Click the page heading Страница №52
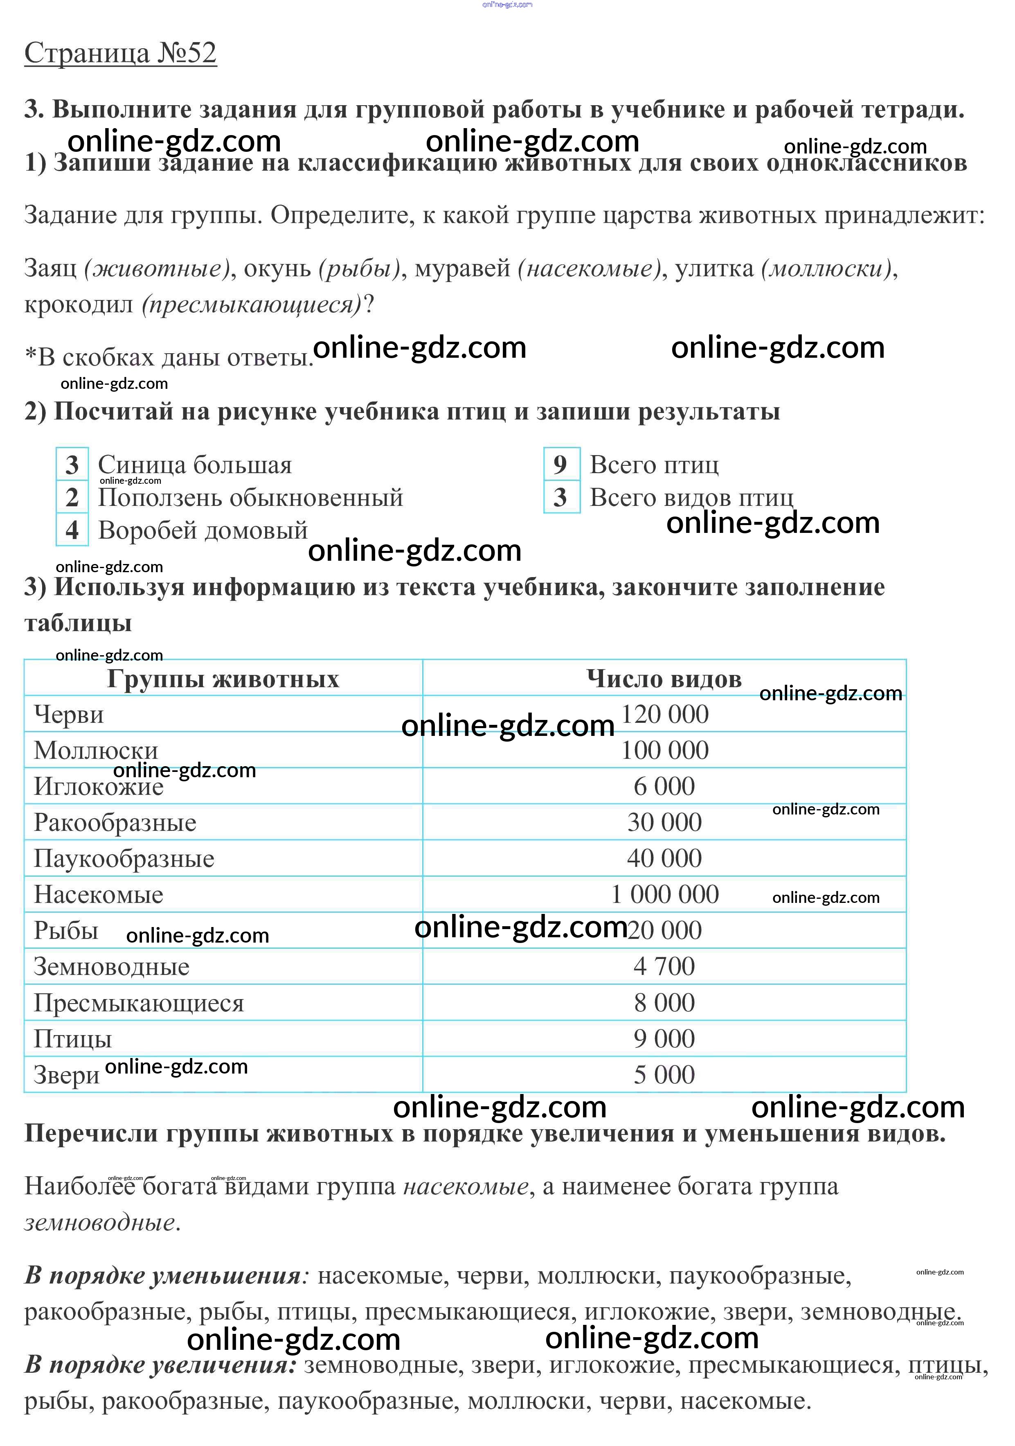coord(120,54)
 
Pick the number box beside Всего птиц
coord(561,465)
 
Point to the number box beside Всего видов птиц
coord(561,498)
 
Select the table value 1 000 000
coord(664,894)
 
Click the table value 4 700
coord(664,966)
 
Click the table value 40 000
coord(664,858)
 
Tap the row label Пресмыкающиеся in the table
coord(139,1003)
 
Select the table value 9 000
coord(664,1038)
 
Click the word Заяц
coord(50,268)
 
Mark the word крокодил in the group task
coord(79,305)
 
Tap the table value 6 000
coord(664,786)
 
